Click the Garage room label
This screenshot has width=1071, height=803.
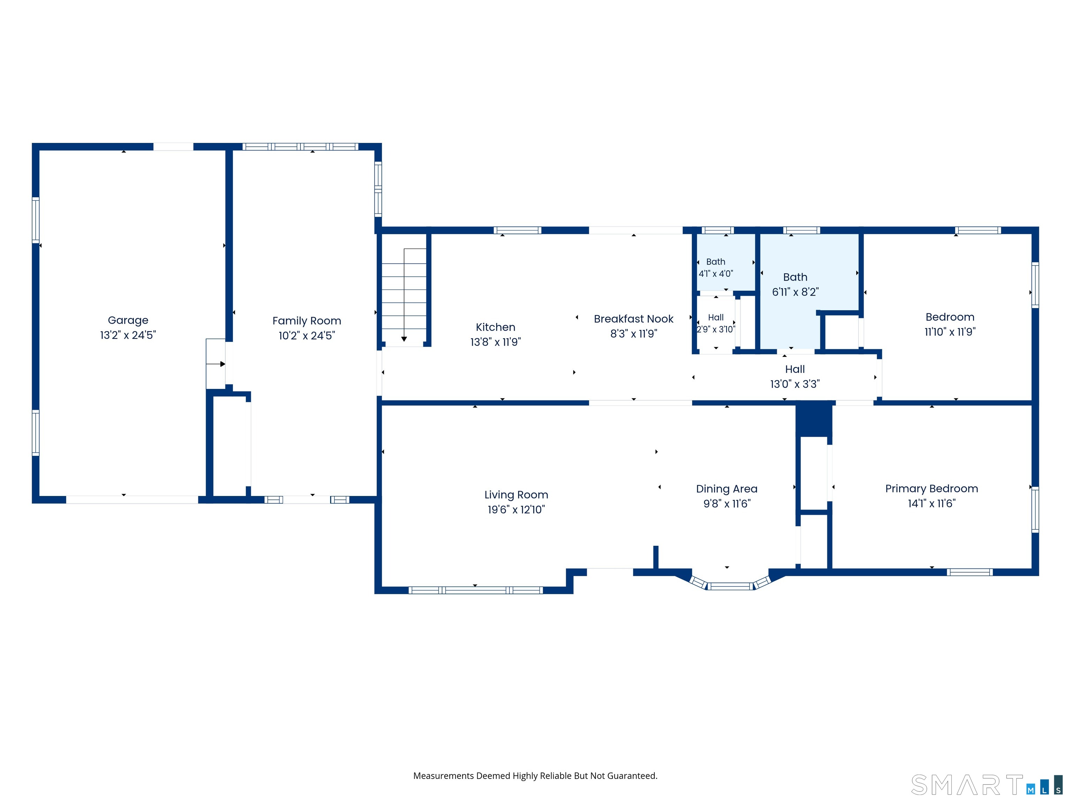point(128,320)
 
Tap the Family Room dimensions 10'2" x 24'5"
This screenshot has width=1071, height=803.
point(306,335)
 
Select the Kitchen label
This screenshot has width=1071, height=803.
point(495,327)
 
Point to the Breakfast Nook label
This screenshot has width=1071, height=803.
point(633,319)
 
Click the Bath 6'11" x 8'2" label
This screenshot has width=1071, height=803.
point(795,277)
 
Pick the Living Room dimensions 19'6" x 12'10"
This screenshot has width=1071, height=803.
point(516,509)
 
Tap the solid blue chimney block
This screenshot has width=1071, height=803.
point(814,420)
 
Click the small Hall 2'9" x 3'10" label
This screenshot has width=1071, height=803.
point(716,318)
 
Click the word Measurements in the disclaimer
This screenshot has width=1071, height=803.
point(443,776)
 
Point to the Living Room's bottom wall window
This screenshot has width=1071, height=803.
point(476,590)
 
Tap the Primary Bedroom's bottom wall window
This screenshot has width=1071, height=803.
point(970,572)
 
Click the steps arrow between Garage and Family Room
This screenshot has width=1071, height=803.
point(216,364)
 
